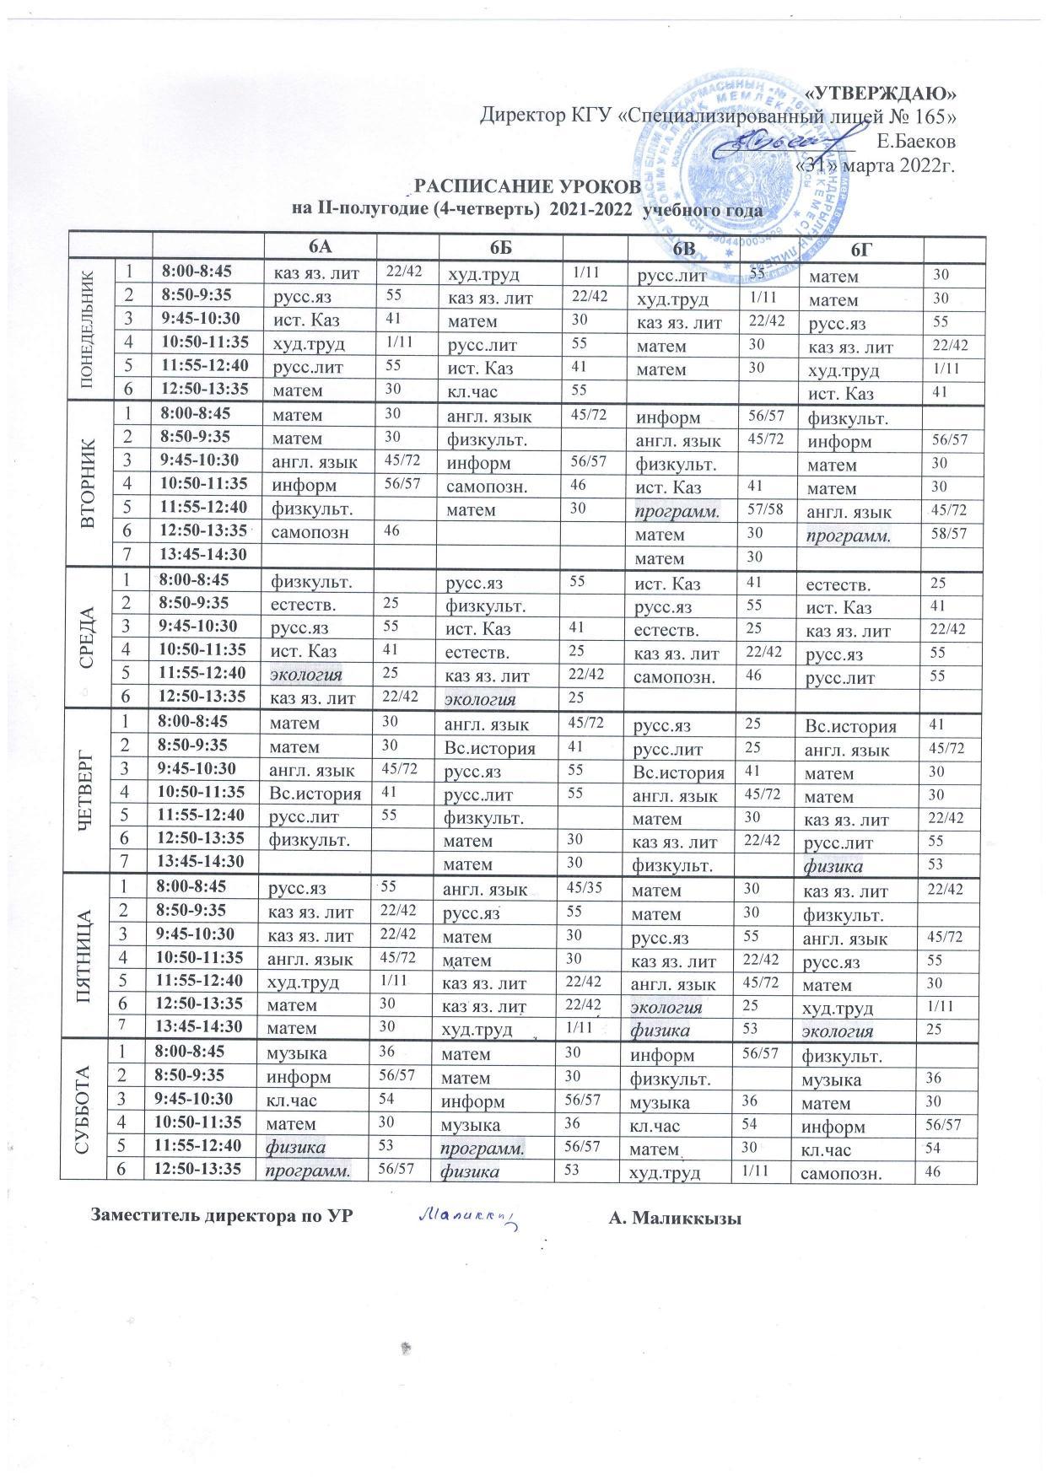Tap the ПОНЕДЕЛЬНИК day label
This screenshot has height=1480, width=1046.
coord(86,331)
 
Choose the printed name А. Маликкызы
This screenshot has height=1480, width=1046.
coord(673,1216)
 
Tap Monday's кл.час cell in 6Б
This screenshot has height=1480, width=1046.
coord(474,392)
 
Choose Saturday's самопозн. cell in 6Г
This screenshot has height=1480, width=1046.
coord(838,1171)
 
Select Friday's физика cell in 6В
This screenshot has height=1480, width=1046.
coord(660,1030)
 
